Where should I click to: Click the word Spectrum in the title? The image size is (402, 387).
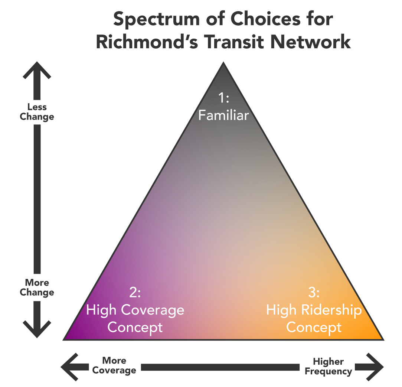point(156,20)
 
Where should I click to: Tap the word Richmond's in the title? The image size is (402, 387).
point(147,42)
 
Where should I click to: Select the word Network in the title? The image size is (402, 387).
point(310,42)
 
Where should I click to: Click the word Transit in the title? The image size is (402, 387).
point(234,42)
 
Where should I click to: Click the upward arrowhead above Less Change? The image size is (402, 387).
point(37,70)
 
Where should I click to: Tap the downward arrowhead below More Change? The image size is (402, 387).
point(37,329)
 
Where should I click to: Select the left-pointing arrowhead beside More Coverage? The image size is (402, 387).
point(69,367)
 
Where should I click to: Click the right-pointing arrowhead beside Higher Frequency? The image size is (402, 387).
point(375,367)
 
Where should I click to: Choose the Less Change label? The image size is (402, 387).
point(37,112)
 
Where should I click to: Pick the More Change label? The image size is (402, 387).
point(37,287)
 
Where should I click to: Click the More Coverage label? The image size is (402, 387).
point(114,365)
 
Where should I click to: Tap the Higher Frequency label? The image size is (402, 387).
point(329,366)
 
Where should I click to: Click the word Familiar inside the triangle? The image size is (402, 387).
point(223,115)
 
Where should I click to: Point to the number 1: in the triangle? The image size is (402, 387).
point(223,98)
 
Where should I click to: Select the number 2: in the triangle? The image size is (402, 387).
point(135,292)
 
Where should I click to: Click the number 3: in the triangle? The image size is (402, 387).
point(314,292)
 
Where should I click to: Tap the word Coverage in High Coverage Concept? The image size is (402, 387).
point(153,310)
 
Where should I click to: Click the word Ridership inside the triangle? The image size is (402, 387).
point(331,310)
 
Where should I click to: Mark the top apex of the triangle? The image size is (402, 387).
point(223,62)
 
